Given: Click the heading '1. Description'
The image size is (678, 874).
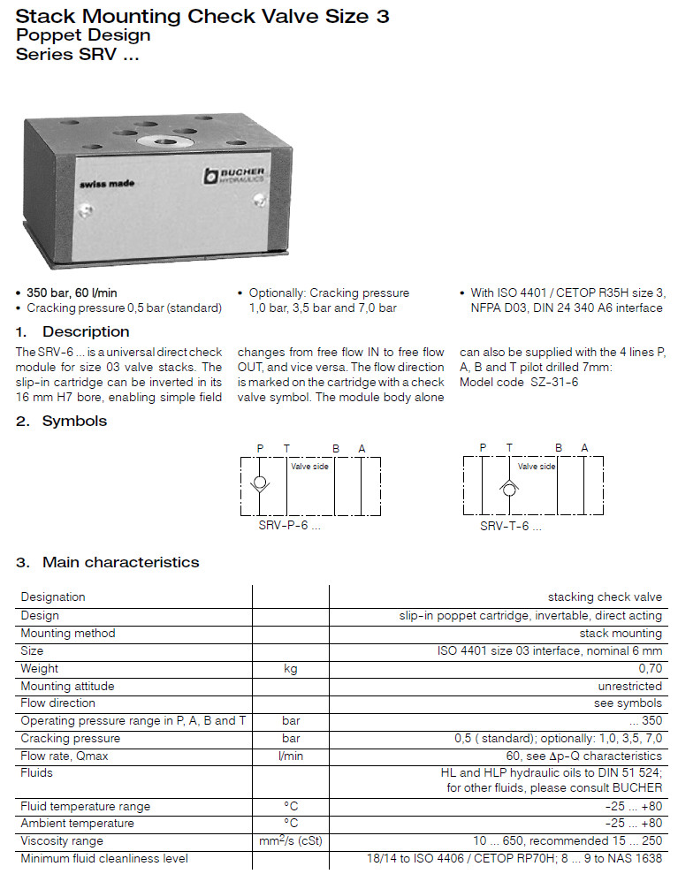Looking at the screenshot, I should [x=72, y=332].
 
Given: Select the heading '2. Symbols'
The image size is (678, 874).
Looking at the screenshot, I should [x=61, y=422].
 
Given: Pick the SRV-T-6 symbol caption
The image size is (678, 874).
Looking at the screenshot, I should [x=510, y=526].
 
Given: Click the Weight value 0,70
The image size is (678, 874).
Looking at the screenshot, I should [x=650, y=669].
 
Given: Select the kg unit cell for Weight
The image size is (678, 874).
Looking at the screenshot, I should [x=290, y=669].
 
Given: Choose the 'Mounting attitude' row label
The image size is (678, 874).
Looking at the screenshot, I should [x=67, y=687].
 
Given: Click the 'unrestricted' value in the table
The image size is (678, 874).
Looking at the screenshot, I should [x=629, y=687].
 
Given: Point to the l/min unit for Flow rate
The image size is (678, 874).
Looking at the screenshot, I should [x=290, y=756].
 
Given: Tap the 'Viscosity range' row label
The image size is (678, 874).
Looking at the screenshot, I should [x=62, y=841].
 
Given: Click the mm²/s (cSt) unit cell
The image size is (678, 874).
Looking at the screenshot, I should [x=290, y=841].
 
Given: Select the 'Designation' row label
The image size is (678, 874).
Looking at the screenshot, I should [x=53, y=597].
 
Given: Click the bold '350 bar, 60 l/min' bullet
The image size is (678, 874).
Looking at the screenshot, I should [x=72, y=293].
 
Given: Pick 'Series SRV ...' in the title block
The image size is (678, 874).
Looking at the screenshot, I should [x=78, y=53].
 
